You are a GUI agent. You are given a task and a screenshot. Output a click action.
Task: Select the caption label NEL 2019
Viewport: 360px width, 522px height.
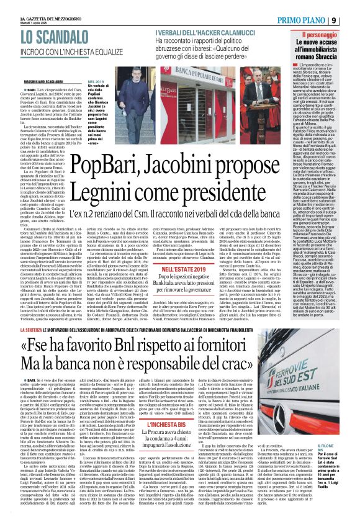pyautogui.click(x=97, y=81)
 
